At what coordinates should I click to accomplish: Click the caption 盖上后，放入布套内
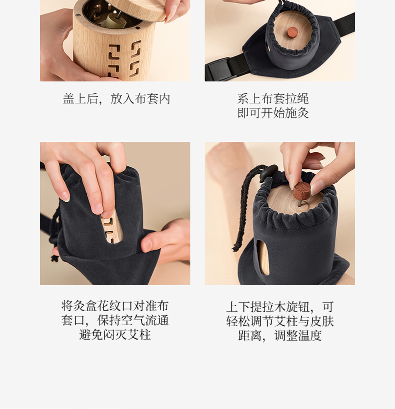116,99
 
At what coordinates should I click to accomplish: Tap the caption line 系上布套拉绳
273,98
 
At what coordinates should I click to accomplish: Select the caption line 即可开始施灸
273,113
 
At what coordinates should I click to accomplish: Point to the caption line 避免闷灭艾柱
115,335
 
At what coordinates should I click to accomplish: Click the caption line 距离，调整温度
279,335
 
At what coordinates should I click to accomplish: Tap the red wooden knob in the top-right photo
292,32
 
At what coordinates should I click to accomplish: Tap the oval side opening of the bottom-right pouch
263,258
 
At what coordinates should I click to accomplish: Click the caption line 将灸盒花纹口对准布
115,306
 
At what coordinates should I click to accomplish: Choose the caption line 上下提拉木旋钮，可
279,307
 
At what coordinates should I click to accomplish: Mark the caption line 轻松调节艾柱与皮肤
279,321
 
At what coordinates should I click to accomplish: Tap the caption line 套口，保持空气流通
115,320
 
